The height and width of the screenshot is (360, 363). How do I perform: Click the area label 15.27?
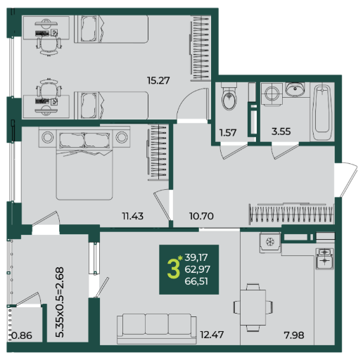(x=158, y=81)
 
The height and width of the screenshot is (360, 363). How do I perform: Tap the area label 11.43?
(x=132, y=216)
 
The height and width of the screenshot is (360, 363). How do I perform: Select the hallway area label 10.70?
(x=201, y=216)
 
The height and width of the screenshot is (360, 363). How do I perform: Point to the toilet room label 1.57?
(x=228, y=133)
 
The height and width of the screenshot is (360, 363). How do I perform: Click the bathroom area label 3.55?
(x=281, y=131)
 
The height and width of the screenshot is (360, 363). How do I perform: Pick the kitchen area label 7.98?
(x=294, y=335)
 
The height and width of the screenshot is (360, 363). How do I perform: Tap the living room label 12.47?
(x=212, y=335)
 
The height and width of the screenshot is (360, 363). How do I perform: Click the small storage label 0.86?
(x=22, y=335)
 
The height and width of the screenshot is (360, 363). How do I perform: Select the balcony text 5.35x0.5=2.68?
(x=60, y=302)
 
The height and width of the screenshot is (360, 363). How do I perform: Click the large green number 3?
(x=173, y=270)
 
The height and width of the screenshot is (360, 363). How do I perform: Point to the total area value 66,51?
(x=196, y=281)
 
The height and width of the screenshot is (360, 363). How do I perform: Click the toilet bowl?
(x=229, y=96)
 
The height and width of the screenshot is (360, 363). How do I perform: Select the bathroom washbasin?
(x=295, y=89)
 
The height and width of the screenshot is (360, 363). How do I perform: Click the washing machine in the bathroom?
(x=272, y=94)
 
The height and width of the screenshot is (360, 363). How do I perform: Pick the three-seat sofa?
(x=157, y=329)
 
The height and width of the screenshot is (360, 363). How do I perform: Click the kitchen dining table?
(x=253, y=307)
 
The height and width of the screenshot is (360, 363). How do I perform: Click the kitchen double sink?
(x=324, y=259)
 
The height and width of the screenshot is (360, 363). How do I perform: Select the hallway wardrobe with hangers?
(x=291, y=214)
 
